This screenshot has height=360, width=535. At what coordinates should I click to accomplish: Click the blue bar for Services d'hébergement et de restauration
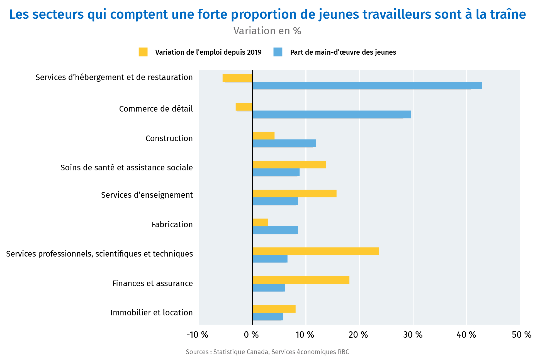point(367,85)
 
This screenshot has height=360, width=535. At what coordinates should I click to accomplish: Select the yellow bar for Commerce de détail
point(244,107)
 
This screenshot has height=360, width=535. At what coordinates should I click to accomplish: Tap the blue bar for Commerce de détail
point(332,114)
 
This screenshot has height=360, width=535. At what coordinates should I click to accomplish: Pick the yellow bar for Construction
point(263,136)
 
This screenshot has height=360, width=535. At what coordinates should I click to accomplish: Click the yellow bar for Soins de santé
point(289,165)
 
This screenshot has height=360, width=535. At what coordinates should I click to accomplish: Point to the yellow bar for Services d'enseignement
point(294,193)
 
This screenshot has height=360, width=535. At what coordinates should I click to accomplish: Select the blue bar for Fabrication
point(275,230)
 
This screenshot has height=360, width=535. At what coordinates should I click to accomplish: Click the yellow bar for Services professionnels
point(315,251)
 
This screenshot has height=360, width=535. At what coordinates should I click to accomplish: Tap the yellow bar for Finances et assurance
point(301,280)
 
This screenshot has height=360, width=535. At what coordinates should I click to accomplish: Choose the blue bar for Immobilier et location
point(267,317)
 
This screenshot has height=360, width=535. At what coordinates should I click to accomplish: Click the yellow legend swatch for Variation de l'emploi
point(143,52)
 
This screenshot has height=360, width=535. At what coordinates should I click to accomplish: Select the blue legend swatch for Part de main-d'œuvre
point(278,52)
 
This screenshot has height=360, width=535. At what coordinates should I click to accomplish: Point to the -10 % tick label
point(197,335)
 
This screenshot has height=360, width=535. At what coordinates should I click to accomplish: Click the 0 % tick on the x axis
point(251,335)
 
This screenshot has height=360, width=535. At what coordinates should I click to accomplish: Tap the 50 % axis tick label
point(521,335)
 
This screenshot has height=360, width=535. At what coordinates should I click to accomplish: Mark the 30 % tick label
point(413,335)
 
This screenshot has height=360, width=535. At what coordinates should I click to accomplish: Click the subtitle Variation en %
point(267,31)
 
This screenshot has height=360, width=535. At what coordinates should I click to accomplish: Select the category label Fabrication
point(172,224)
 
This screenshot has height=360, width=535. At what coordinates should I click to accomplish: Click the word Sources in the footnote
point(197,352)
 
